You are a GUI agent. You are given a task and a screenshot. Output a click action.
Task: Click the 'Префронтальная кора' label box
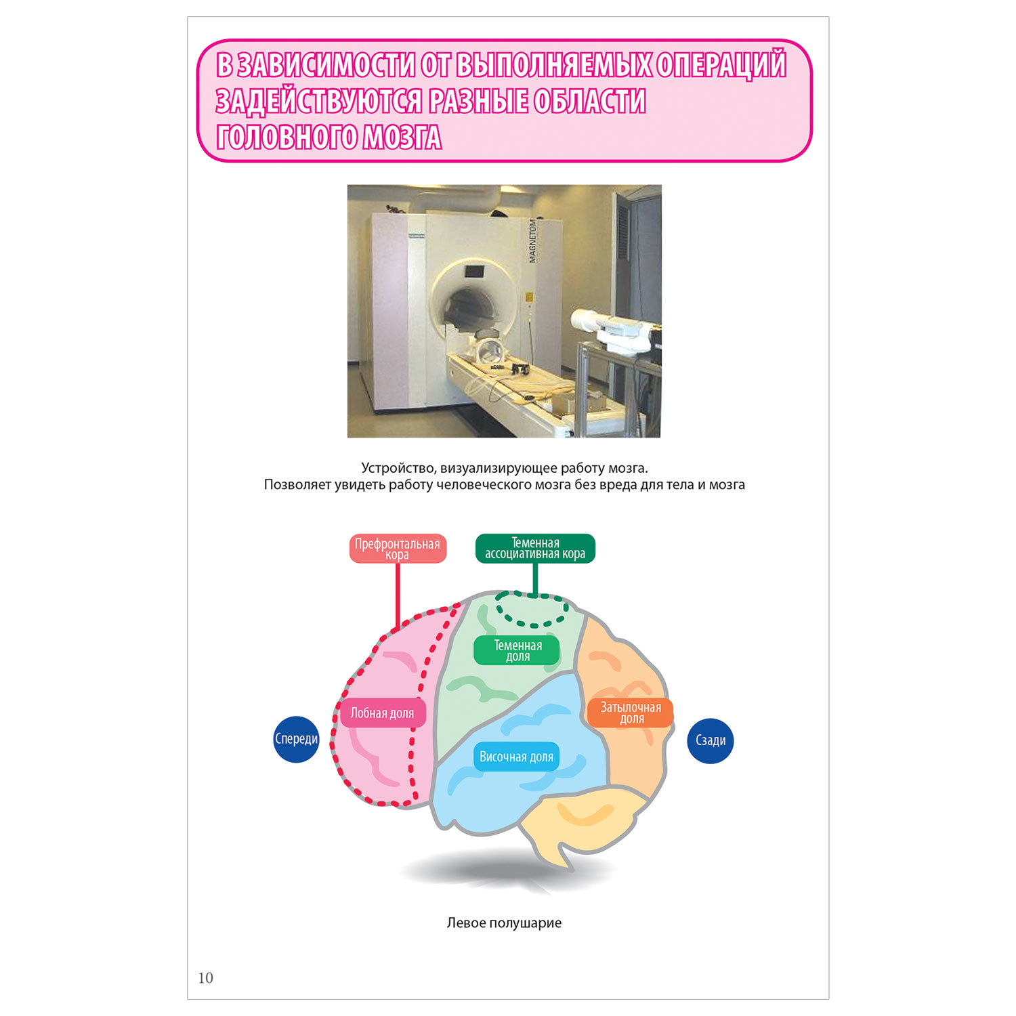[398, 549]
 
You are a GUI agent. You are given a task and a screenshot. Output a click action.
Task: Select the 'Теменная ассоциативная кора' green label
[535, 548]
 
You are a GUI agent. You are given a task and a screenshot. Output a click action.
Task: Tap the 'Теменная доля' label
[517, 650]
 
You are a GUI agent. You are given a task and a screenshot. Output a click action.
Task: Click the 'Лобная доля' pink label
[383, 713]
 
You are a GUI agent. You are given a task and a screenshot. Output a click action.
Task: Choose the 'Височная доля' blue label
[516, 757]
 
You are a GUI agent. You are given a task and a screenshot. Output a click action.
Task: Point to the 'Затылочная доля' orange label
[631, 713]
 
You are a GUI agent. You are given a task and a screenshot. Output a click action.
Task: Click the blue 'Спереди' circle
[296, 739]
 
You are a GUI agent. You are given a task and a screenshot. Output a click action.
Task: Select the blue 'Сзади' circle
[711, 740]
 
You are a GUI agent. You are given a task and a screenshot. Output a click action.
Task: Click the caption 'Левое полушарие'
[504, 923]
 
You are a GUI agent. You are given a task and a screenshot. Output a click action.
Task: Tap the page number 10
[205, 977]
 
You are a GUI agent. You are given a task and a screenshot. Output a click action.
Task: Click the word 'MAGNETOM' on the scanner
[532, 240]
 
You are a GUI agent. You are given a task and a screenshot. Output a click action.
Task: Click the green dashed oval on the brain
[532, 609]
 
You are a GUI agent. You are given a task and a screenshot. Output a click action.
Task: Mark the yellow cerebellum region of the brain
[583, 820]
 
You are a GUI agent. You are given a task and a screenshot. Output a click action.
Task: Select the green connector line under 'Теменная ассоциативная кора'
[535, 579]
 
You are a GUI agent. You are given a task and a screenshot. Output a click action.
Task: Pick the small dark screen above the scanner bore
[473, 271]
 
